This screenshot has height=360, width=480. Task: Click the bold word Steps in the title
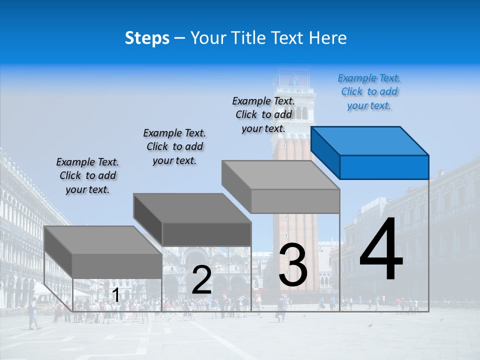point(147,38)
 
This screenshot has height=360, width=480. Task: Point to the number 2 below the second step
point(201,280)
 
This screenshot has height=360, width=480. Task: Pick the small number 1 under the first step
point(115,295)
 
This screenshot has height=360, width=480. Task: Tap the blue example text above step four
point(369,92)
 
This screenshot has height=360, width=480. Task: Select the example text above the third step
point(263,114)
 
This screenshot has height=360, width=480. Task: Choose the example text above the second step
point(174,146)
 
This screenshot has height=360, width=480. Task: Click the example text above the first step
point(87,175)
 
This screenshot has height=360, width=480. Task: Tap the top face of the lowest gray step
point(103,240)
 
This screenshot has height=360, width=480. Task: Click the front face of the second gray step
point(206,234)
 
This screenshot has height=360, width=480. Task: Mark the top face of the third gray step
point(280,175)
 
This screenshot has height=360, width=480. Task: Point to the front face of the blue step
point(384,167)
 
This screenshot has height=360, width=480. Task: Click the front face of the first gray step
point(117,266)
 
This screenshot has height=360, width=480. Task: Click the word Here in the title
point(328,38)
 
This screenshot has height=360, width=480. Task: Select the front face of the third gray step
point(295,201)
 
